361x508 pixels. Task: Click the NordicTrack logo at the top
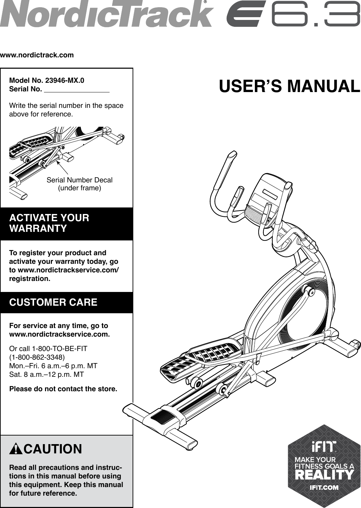click(x=106, y=14)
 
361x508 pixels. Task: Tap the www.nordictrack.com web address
click(x=37, y=55)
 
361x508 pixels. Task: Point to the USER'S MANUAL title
click(x=289, y=87)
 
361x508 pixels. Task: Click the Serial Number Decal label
click(x=79, y=180)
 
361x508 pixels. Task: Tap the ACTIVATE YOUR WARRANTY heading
click(x=49, y=223)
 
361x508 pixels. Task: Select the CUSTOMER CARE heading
click(x=53, y=302)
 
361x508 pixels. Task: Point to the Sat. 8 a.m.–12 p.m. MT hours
click(x=46, y=374)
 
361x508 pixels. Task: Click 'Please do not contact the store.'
click(x=63, y=389)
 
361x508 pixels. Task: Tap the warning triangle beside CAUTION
click(x=16, y=449)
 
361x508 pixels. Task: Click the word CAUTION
click(x=53, y=449)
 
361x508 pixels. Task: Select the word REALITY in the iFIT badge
click(x=324, y=475)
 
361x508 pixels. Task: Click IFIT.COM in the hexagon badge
click(x=324, y=487)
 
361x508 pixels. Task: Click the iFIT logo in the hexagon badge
click(x=324, y=447)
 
